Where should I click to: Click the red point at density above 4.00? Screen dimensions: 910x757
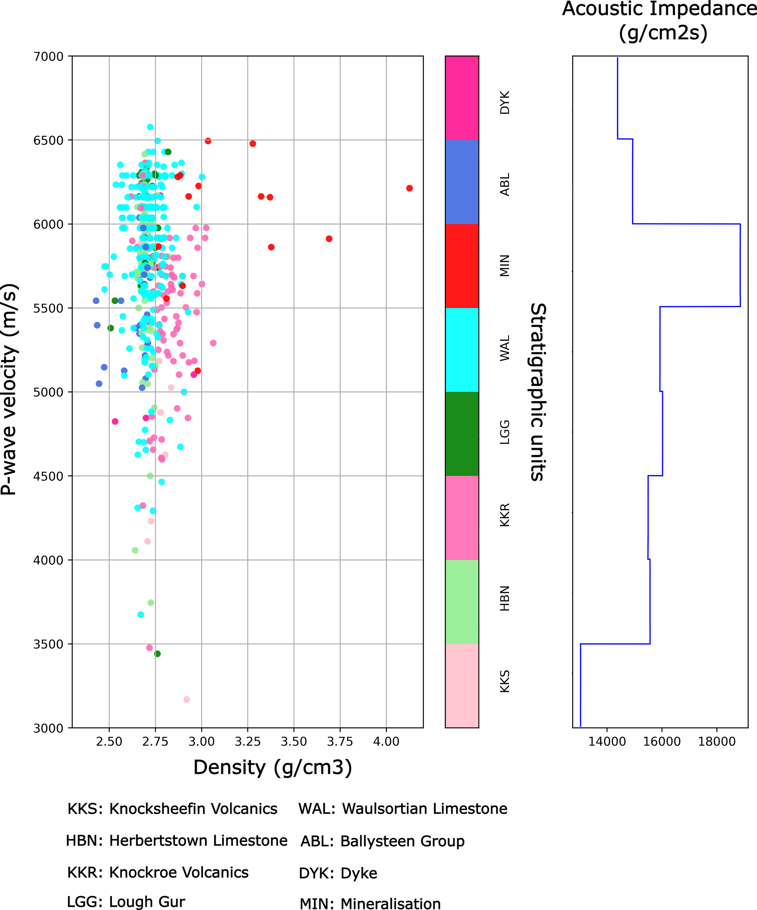[x=409, y=188]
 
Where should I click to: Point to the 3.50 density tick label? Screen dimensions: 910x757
[x=293, y=741]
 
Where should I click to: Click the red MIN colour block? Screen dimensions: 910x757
[x=462, y=266]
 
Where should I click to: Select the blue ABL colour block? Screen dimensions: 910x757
[x=462, y=182]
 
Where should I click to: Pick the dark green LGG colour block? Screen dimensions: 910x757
[x=462, y=433]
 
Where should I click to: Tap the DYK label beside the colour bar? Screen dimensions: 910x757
[x=505, y=102]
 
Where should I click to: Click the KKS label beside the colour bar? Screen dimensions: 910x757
[x=505, y=681]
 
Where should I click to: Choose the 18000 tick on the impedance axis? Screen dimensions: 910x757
[x=716, y=741]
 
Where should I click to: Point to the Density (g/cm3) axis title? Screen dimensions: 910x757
[x=272, y=767]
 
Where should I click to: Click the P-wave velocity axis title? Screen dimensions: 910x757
[x=10, y=389]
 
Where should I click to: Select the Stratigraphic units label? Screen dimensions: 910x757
[x=538, y=392]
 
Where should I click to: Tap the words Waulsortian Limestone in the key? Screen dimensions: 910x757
[x=425, y=809]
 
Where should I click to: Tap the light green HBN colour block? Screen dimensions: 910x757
[x=462, y=602]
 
